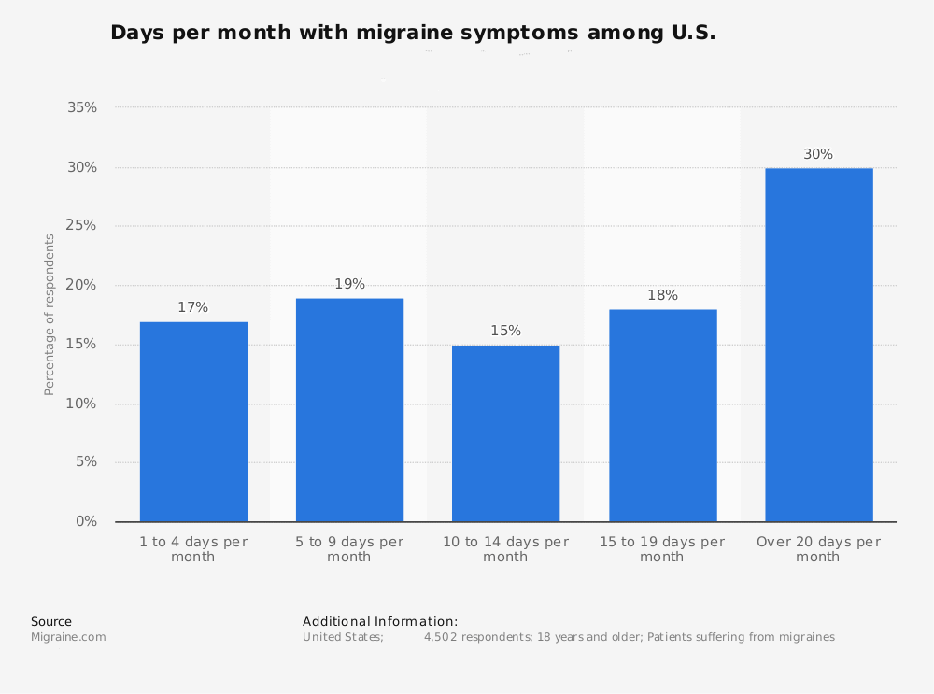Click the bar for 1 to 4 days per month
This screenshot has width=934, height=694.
(193, 421)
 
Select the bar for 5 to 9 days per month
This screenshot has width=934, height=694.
(349, 410)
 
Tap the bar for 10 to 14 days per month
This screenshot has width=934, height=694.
(505, 433)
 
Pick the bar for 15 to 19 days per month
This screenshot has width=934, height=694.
(662, 416)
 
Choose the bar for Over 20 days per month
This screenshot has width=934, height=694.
(818, 345)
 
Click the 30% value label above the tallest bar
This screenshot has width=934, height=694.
(818, 155)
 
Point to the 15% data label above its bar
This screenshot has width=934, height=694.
(505, 332)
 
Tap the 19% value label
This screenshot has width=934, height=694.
(349, 285)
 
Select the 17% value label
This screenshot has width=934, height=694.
(193, 308)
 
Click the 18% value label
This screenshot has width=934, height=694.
(662, 296)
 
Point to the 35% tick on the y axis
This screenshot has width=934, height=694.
(82, 108)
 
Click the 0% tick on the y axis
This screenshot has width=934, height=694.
(87, 521)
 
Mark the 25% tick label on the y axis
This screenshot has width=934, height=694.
(82, 226)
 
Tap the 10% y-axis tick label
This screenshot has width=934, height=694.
(82, 404)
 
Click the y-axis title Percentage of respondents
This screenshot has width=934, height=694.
(50, 315)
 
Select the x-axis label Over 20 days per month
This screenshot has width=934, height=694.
(818, 549)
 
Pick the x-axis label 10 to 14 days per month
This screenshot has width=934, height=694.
(505, 549)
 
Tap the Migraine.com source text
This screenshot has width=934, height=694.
(68, 637)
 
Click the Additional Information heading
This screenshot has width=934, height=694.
(380, 621)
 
